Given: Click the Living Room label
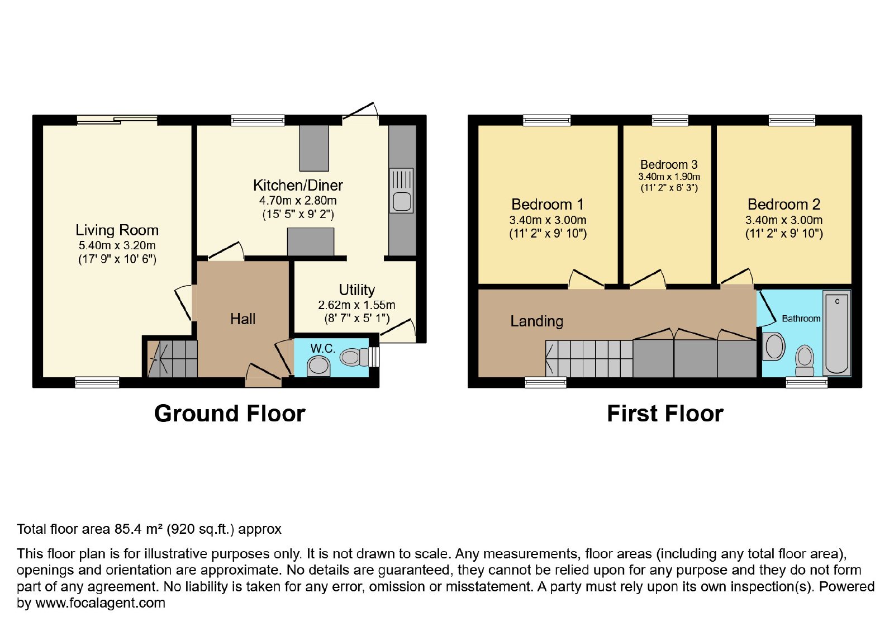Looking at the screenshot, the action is point(117,230).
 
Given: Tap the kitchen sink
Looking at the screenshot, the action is point(401,191).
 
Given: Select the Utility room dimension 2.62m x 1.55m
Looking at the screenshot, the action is point(356,305).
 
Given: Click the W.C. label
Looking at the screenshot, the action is point(323,348).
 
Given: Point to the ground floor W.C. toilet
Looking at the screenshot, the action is point(354,357).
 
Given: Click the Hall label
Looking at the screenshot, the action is point(242,319).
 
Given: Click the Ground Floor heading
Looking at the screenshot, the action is point(230,414).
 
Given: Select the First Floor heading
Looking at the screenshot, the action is point(665,414).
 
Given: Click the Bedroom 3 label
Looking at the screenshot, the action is point(669,164).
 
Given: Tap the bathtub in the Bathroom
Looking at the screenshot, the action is point(837,333).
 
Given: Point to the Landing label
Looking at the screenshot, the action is point(537,321).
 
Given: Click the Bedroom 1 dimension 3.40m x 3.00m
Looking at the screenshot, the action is point(548,220).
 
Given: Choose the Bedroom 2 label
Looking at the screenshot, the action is point(784,205).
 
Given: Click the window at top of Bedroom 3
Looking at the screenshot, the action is point(670,120).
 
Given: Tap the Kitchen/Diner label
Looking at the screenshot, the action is point(298,185).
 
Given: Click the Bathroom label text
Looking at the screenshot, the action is point(801,319).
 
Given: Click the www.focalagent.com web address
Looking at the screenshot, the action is point(100,603).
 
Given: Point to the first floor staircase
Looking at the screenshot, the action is point(589,358).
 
